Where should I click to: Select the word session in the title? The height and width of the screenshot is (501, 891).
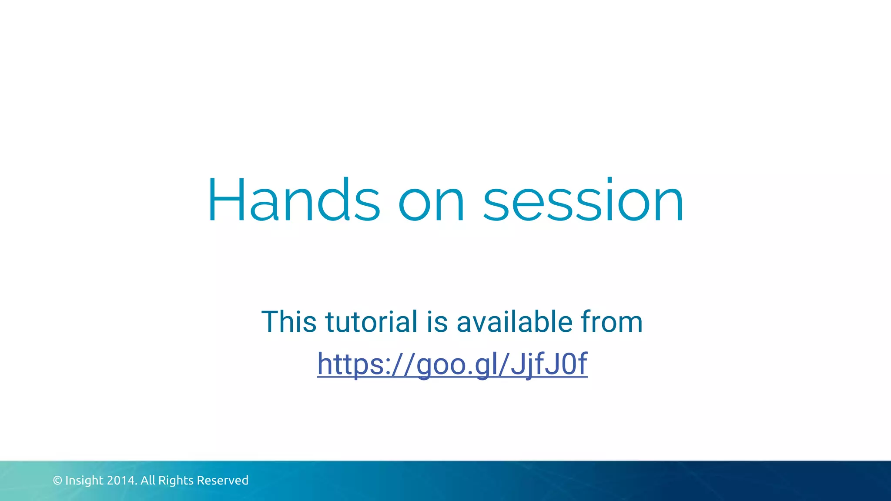pyautogui.click(x=583, y=201)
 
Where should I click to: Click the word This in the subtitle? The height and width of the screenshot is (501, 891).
pyautogui.click(x=289, y=322)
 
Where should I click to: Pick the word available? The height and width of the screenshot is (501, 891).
pyautogui.click(x=514, y=322)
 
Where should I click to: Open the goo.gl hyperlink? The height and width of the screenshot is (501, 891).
pyautogui.click(x=452, y=364)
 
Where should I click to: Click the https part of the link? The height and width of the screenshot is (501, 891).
pyautogui.click(x=351, y=364)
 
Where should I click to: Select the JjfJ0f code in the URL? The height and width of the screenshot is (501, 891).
pyautogui.click(x=549, y=364)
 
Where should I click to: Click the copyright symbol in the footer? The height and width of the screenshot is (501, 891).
pyautogui.click(x=57, y=481)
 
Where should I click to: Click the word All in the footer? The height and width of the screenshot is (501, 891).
pyautogui.click(x=148, y=481)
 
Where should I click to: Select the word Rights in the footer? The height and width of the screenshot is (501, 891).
pyautogui.click(x=176, y=481)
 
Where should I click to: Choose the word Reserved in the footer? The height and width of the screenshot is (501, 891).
pyautogui.click(x=222, y=481)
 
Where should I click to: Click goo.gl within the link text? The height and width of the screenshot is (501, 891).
pyautogui.click(x=456, y=364)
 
